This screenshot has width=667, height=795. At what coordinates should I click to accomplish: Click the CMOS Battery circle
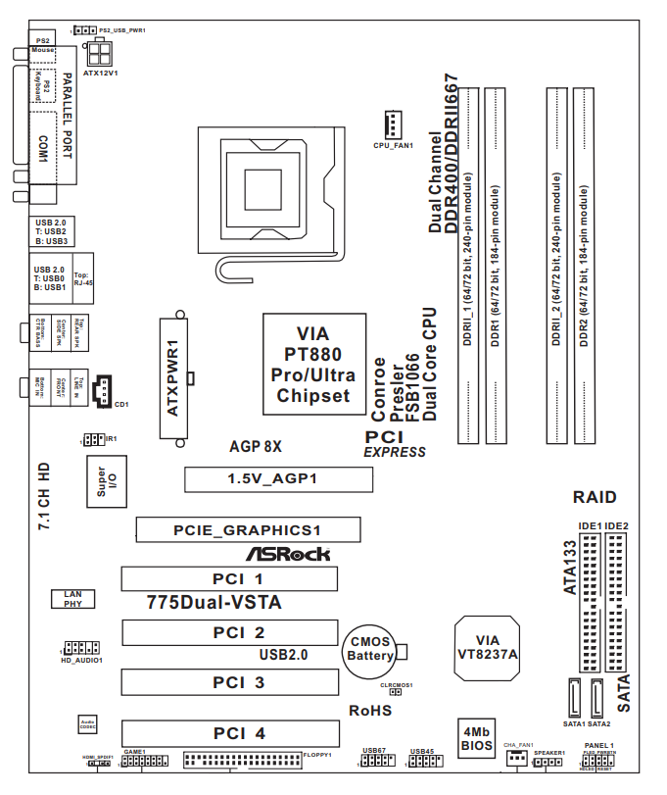(369, 648)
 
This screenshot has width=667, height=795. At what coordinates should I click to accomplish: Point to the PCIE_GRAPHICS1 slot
(247, 530)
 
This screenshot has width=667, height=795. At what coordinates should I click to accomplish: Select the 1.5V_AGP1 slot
(278, 479)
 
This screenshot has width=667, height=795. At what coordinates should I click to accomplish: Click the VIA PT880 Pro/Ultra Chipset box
(312, 364)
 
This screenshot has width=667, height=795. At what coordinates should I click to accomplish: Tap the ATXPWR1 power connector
(174, 378)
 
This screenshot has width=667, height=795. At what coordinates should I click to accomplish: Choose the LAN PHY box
(72, 599)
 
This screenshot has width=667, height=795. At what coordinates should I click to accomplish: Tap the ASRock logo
(287, 554)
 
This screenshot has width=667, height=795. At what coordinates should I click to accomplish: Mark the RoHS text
(370, 710)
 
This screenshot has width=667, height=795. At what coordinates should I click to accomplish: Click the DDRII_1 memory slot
(469, 263)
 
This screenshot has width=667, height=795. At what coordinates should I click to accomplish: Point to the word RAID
(596, 497)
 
